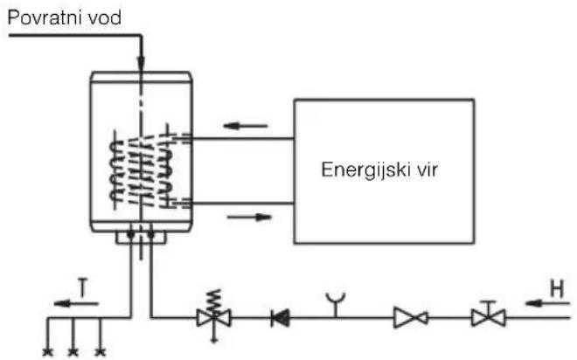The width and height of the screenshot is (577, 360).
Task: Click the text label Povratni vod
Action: tap(65, 17)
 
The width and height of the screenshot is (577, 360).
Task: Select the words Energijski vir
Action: tap(379, 170)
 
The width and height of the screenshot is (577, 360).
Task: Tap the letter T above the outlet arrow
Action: tap(84, 288)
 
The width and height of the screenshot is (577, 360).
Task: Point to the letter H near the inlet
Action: tap(557, 288)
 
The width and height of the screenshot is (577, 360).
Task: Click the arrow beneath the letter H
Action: tap(547, 303)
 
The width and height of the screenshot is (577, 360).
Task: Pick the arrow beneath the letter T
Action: tap(76, 304)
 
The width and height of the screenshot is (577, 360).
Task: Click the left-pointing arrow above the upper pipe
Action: tap(246, 126)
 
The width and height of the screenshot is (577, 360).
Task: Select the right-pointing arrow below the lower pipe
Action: tap(249, 218)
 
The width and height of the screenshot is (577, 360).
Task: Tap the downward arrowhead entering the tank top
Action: tap(141, 63)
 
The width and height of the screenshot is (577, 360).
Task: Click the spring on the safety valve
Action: tap(214, 300)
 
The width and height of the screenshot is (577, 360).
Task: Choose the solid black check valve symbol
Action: tap(280, 318)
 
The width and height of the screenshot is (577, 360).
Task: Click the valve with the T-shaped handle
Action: tap(489, 315)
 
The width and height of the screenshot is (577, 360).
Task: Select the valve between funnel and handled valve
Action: tap(411, 318)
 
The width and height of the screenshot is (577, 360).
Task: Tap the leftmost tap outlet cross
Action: tap(47, 352)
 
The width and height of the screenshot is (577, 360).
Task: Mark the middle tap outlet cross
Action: tap(73, 352)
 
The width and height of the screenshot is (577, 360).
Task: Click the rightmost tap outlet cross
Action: tap(100, 352)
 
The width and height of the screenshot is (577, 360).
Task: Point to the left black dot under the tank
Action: tap(130, 234)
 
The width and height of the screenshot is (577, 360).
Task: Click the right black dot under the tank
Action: tap(150, 234)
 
